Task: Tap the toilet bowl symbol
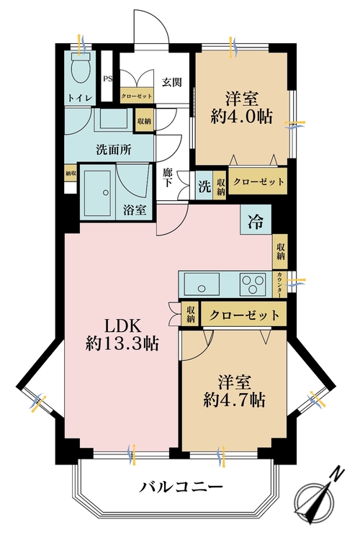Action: click(81, 69)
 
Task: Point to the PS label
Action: click(109, 80)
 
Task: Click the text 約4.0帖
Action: click(240, 117)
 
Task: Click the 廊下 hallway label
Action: click(168, 178)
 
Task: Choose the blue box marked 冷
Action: click(256, 220)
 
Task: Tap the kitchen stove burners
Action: click(253, 282)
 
